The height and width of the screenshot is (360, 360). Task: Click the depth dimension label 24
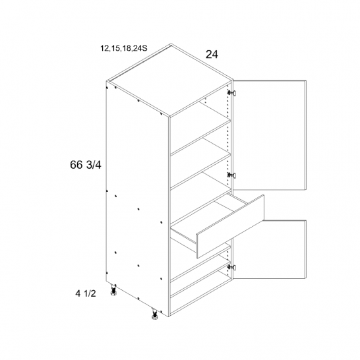pos(212,55)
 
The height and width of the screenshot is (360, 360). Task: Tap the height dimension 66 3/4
pos(86,165)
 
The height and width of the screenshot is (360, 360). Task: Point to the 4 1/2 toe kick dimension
pos(86,293)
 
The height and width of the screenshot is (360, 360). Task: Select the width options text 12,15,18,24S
pos(124,48)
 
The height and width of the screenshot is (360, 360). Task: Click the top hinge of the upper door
pos(231,93)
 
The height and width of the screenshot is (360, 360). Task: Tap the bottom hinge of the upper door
pos(231,175)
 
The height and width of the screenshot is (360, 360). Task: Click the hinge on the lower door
pos(231,267)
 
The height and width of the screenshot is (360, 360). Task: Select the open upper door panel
pos(270,135)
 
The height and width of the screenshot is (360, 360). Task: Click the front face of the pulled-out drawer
pos(230,227)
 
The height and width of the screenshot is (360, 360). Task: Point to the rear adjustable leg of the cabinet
pos(113,289)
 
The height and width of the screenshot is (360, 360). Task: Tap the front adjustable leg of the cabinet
pos(154,314)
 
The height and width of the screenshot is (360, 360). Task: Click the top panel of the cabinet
pos(170,80)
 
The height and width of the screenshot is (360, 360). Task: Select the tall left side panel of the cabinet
pos(138,197)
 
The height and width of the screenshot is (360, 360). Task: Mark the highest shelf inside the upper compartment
pos(200,136)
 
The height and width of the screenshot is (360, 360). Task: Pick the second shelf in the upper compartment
pos(200,171)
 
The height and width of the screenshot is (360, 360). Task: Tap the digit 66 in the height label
pos(76,165)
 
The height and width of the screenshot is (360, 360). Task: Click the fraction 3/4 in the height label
pos(94,165)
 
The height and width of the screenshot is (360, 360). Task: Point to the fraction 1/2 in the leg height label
pos(90,293)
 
